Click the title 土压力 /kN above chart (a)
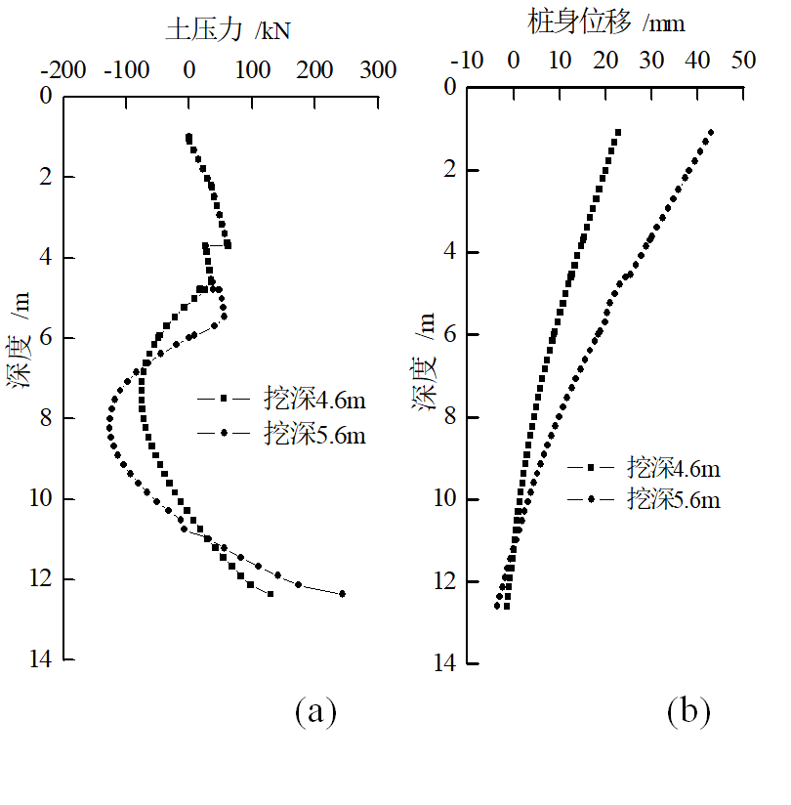[228, 29]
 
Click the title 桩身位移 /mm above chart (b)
[606, 21]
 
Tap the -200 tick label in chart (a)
[62, 70]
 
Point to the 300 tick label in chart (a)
[378, 70]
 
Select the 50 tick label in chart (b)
[743, 61]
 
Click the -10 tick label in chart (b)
[466, 61]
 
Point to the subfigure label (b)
[687, 711]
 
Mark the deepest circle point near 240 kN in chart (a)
[342, 593]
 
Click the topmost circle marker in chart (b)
[711, 132]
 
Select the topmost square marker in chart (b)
[617, 132]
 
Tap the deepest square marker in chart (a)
[270, 593]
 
